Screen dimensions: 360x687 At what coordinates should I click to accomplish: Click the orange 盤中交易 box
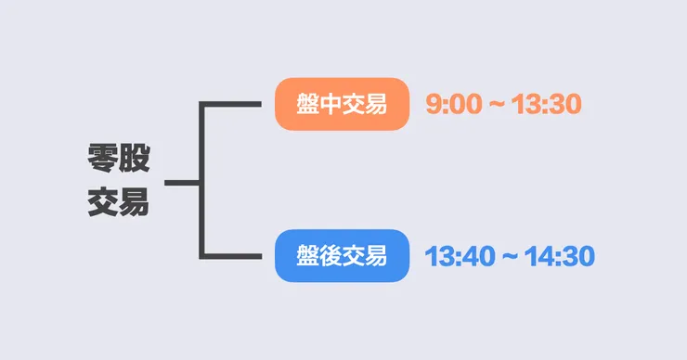[342, 104]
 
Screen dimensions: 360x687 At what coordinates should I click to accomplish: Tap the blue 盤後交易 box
[342, 255]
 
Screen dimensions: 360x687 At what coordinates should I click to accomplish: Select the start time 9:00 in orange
[454, 104]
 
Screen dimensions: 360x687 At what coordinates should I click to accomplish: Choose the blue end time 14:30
[559, 256]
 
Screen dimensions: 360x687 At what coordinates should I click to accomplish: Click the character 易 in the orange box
[375, 104]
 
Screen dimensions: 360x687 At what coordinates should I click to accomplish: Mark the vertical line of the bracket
[201, 180]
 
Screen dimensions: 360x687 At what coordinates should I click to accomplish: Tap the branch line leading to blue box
[232, 255]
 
